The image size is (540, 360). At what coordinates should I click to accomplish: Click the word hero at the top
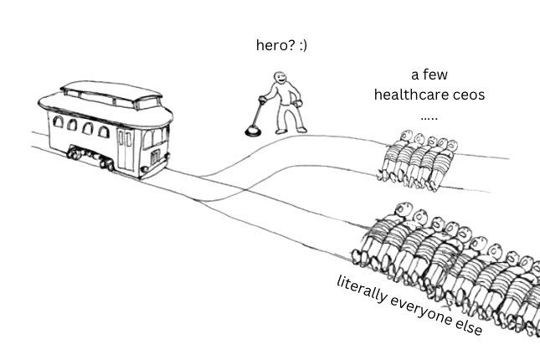coord(270,45)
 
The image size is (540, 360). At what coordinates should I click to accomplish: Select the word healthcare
coord(413,94)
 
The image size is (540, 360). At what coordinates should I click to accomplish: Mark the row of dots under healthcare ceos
coord(429,116)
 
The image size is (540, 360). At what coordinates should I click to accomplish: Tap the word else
coord(467,327)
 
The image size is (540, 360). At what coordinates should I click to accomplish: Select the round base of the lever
coord(250,130)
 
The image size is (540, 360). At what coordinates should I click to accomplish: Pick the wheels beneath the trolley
coord(87,156)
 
